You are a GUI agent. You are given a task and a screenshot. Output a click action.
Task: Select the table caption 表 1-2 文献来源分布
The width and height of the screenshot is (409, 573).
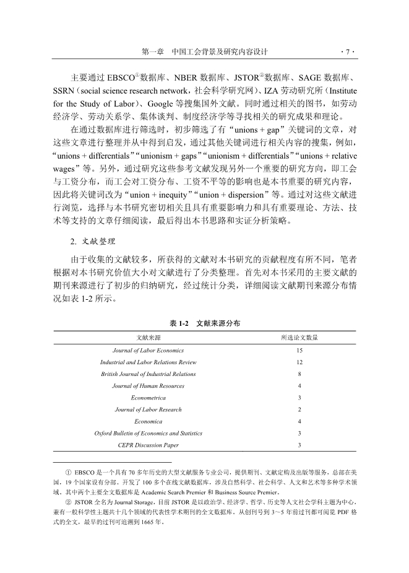204,323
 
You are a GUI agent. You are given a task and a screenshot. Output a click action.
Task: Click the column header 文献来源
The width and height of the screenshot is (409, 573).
149,338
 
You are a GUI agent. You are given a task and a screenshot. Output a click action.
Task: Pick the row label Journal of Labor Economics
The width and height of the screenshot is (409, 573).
149,351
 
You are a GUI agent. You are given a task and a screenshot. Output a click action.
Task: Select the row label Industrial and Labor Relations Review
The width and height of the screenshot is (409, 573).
149,362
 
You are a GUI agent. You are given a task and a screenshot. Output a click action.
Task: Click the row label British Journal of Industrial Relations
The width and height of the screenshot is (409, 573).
149,374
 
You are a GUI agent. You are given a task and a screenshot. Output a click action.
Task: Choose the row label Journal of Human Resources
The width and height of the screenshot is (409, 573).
149,386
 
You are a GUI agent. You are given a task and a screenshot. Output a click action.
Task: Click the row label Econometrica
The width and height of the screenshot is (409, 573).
149,398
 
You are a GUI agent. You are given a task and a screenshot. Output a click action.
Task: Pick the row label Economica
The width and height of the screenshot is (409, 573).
149,421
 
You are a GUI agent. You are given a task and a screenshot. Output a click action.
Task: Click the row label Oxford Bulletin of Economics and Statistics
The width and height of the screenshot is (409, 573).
149,433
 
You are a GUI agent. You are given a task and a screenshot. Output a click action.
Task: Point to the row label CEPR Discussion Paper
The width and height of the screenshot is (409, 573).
149,445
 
